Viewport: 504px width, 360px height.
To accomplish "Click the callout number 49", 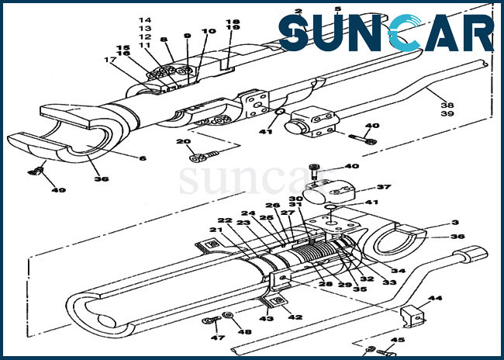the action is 58,190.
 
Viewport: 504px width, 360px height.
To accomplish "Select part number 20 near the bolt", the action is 183,141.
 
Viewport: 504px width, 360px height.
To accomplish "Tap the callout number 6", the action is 143,158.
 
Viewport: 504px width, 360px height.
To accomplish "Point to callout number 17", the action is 109,60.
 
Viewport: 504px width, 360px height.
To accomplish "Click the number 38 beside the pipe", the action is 447,106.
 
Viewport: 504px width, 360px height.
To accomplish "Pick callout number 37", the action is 384,187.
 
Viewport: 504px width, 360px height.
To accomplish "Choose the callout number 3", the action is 455,223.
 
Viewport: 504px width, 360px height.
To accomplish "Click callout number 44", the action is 435,298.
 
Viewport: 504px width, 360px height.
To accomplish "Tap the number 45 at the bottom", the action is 398,340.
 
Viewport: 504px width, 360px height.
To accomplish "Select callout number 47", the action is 218,337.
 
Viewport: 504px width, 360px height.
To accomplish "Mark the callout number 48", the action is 244,332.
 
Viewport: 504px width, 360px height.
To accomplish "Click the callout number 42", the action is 295,317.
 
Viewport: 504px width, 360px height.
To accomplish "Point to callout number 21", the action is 216,230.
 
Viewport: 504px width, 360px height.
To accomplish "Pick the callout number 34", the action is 399,271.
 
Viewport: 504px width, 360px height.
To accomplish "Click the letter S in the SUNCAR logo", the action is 294,33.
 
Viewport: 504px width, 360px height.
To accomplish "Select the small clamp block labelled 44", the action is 413,317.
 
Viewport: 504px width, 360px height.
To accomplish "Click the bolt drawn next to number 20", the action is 204,156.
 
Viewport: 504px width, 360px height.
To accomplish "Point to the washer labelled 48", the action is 228,315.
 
